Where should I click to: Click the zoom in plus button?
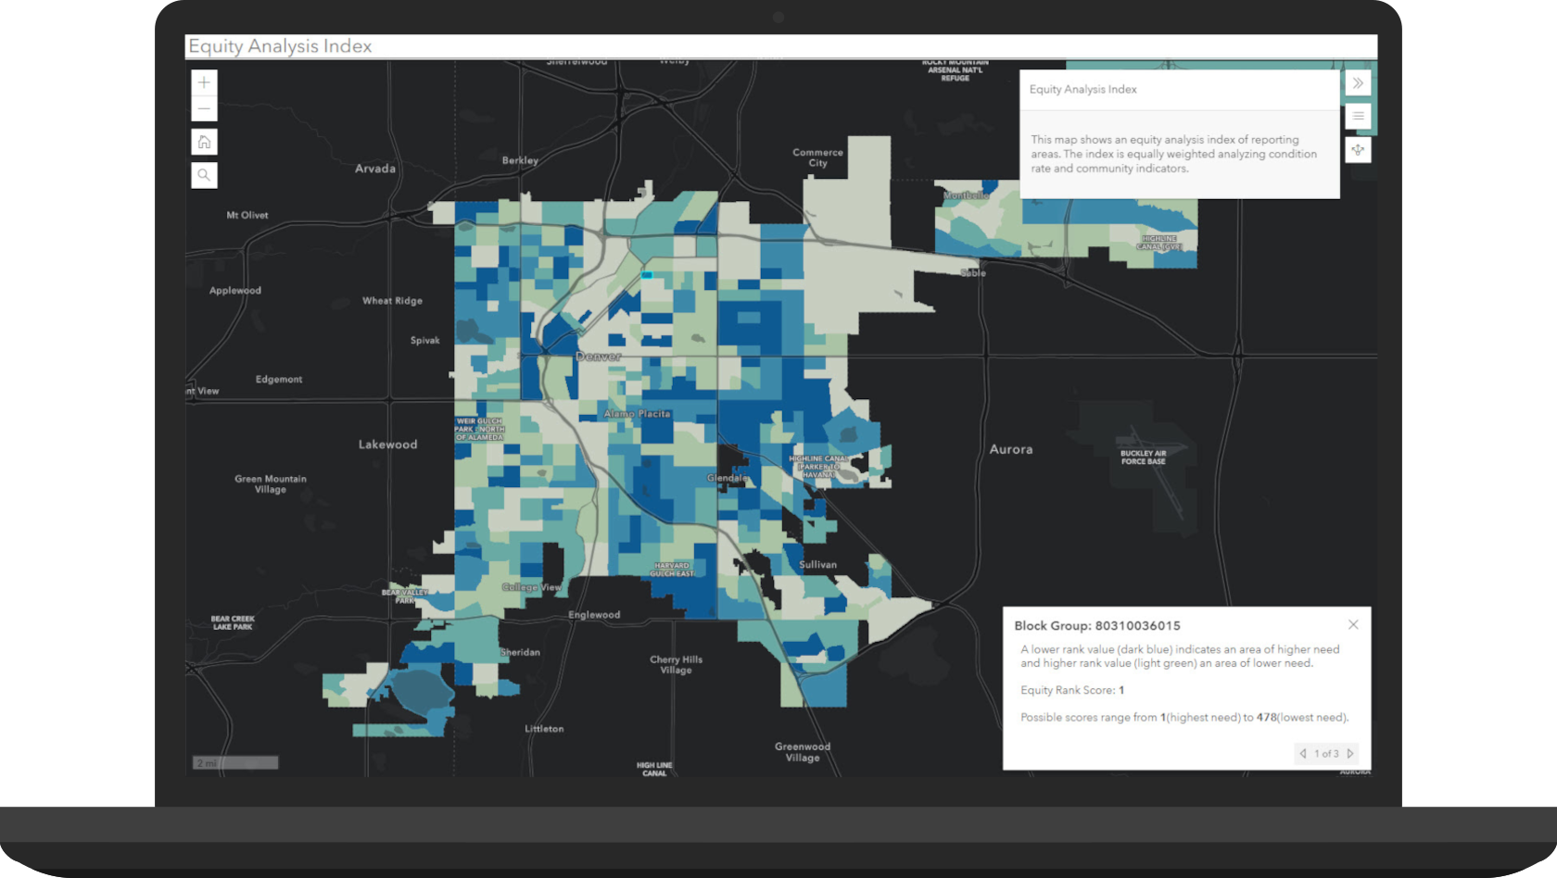pyautogui.click(x=204, y=82)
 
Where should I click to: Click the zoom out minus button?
pyautogui.click(x=204, y=109)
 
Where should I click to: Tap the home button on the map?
pyautogui.click(x=204, y=142)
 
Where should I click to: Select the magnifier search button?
pyautogui.click(x=204, y=175)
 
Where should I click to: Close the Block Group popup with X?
pyautogui.click(x=1353, y=624)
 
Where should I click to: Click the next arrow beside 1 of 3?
pyautogui.click(x=1350, y=754)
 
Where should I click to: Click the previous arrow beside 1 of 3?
pyautogui.click(x=1303, y=754)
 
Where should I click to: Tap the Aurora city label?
pyautogui.click(x=1010, y=449)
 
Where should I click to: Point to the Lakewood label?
pyautogui.click(x=387, y=445)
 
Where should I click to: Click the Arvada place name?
pyautogui.click(x=374, y=169)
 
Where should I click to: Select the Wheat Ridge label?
pyautogui.click(x=392, y=301)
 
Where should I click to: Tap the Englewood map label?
pyautogui.click(x=594, y=615)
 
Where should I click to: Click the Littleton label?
pyautogui.click(x=544, y=729)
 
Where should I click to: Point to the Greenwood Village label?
pyautogui.click(x=803, y=752)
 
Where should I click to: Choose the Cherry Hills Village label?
pyautogui.click(x=676, y=665)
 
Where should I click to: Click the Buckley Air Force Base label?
pyautogui.click(x=1143, y=458)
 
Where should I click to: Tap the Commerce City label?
pyautogui.click(x=817, y=157)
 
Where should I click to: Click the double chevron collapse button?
pyautogui.click(x=1358, y=83)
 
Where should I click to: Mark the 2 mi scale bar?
pyautogui.click(x=235, y=763)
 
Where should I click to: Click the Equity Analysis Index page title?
pyautogui.click(x=280, y=46)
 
